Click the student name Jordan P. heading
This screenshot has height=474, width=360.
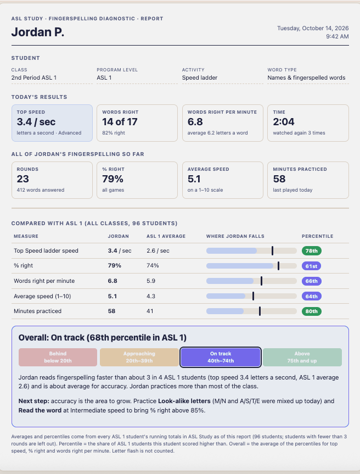click(38, 32)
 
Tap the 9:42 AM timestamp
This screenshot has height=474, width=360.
click(337, 37)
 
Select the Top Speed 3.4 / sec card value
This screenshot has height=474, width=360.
click(36, 122)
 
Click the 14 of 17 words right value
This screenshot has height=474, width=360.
click(120, 122)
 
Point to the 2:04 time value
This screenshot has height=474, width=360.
click(284, 122)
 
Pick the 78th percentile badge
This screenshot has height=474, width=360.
click(311, 251)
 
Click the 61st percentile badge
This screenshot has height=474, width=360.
click(311, 266)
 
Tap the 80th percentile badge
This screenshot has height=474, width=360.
click(311, 311)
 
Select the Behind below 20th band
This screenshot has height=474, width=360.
click(58, 357)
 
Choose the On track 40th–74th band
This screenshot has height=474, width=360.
click(221, 357)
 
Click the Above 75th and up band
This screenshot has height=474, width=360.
click(302, 357)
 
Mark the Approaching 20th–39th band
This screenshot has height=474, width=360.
click(139, 357)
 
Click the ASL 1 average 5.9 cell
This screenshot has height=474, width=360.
click(151, 281)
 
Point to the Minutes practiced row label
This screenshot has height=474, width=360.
click(37, 311)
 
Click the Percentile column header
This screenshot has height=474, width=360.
click(317, 236)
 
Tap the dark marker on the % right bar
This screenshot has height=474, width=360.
click(278, 266)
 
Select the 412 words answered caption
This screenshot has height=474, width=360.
click(41, 190)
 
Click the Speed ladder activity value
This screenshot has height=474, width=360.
click(200, 77)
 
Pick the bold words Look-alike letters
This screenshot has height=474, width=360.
click(184, 401)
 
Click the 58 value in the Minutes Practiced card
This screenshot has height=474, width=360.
click(279, 179)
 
